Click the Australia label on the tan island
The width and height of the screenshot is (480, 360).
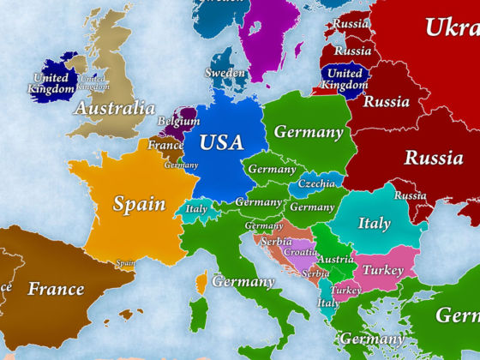coord(115,109)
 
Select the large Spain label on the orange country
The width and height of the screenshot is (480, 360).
coord(140,205)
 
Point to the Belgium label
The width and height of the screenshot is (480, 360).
coord(178,123)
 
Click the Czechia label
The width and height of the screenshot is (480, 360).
coord(317,184)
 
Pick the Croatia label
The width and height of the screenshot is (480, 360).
coord(301,253)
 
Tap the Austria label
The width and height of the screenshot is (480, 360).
coord(336,260)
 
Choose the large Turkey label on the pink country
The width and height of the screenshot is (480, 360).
coord(383,269)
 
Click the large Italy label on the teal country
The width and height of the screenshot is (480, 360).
coord(374,223)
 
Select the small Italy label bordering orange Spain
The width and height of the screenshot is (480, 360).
coord(197,208)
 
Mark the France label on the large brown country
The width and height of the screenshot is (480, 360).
coord(55,288)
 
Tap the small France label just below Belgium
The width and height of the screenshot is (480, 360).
coord(165,146)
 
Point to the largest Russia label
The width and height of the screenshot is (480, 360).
coord(434,158)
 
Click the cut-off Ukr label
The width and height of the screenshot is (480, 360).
coord(452,27)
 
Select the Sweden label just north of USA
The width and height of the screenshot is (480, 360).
coord(225,73)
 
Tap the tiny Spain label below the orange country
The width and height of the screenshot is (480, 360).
coord(126,263)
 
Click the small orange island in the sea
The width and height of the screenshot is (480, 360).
coord(201,281)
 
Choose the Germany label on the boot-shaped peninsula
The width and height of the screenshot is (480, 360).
coord(243,281)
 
